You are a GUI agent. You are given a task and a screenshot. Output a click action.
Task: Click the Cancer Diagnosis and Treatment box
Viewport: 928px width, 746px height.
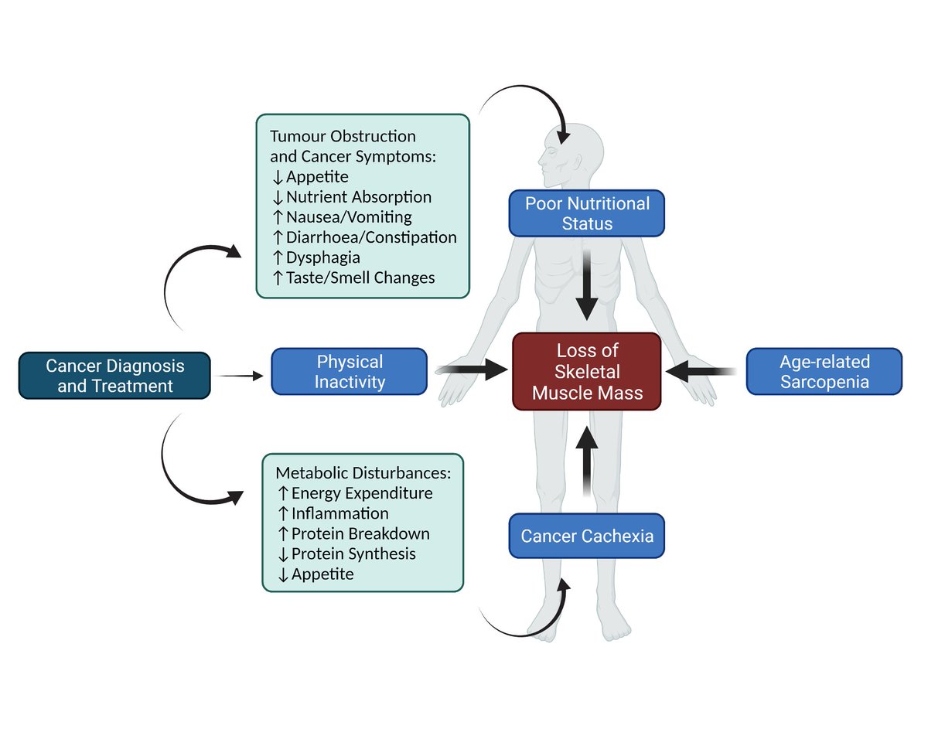[x=114, y=375]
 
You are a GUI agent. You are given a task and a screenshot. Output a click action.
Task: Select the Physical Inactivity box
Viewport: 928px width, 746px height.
[x=349, y=371]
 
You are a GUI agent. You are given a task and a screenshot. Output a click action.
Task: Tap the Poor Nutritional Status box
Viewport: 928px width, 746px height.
[x=586, y=213]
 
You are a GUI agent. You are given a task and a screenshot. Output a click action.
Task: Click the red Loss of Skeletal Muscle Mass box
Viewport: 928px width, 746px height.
[x=586, y=372]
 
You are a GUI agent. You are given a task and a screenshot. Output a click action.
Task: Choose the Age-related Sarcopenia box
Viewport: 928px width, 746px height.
[x=824, y=371]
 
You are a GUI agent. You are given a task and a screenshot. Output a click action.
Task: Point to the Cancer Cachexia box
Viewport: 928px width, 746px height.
[x=586, y=536]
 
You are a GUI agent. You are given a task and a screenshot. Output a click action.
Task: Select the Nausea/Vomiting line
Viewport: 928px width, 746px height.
[x=348, y=216]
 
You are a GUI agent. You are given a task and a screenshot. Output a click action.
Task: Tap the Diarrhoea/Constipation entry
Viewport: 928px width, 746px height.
[x=370, y=237]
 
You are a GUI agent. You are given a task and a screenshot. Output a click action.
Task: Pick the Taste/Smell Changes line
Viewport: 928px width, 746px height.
[x=360, y=277]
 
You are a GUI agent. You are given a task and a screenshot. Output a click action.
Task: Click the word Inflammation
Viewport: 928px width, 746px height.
[x=339, y=513]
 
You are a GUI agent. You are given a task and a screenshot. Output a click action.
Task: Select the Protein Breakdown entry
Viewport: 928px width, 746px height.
[x=360, y=533]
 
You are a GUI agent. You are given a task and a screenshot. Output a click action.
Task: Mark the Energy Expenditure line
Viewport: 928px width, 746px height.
[x=361, y=492]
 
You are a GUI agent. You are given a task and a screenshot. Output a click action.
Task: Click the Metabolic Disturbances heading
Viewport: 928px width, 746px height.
[x=363, y=472]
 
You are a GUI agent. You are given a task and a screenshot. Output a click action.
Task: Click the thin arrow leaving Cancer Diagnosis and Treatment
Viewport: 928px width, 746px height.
[x=240, y=376]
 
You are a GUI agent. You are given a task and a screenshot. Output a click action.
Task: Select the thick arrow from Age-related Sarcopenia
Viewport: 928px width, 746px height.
[x=700, y=372]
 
